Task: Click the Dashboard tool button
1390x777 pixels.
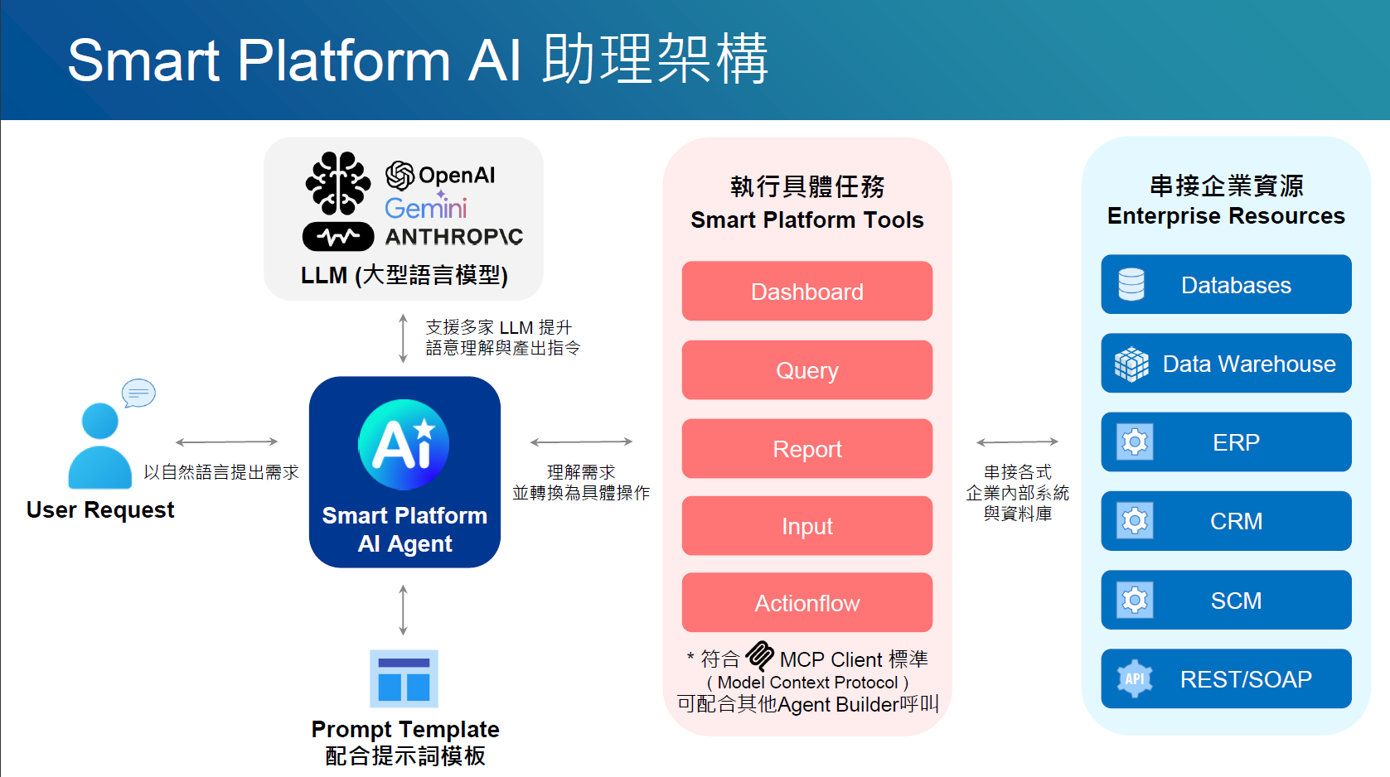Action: [806, 292]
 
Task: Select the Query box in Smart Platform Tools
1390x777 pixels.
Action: [806, 370]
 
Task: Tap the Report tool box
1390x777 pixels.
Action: [806, 449]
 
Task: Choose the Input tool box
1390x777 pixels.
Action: [806, 526]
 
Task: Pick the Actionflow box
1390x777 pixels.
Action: [806, 603]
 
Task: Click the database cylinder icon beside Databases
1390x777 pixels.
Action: [1131, 285]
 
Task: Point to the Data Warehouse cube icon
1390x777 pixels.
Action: [1131, 364]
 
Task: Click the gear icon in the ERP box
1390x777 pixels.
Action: [1135, 442]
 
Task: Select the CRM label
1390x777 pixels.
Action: [1236, 521]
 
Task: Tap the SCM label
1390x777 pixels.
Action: [1236, 601]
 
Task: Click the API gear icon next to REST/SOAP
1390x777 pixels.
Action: [1135, 679]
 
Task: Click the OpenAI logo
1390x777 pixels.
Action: [400, 176]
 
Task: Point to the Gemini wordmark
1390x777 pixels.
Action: [425, 207]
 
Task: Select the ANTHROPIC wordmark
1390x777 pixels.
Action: [454, 237]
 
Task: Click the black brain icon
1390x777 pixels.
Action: [337, 182]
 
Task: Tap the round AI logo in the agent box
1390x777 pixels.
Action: [404, 445]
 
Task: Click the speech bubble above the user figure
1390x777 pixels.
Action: [138, 393]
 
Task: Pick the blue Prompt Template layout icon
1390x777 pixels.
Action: [404, 678]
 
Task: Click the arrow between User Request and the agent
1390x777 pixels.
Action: [226, 442]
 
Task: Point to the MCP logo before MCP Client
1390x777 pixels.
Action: [759, 656]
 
